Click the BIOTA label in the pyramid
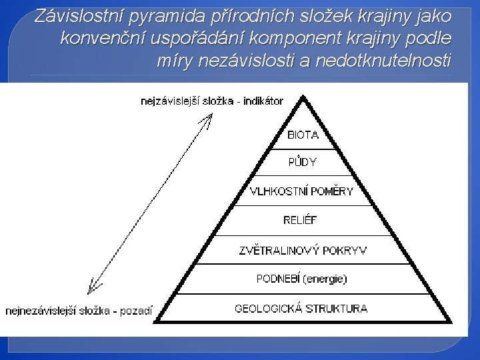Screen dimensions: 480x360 coord(303,135)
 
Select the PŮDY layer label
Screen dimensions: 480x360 coord(302,162)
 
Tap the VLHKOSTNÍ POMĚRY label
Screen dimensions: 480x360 coord(301,191)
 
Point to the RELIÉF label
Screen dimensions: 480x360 coord(301,219)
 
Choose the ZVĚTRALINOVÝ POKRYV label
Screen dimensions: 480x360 coord(303,251)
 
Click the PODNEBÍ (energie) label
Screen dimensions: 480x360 coord(302,279)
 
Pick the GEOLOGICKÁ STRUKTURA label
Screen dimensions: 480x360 coord(301,309)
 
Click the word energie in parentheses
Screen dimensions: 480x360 coord(325,279)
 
